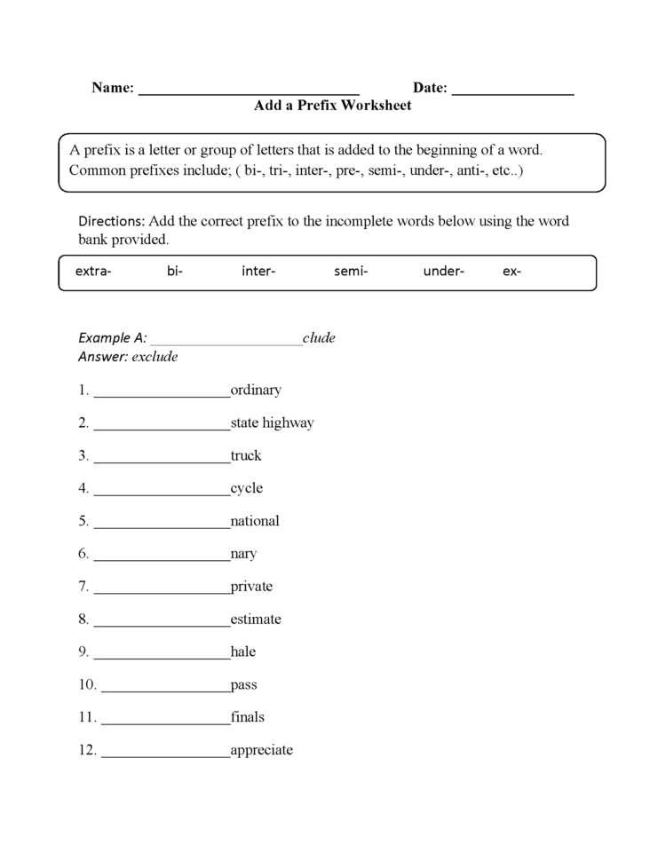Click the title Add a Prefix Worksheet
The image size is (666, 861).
coord(332,106)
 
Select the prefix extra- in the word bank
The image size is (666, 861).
coord(93,272)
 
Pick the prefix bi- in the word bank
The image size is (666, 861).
coord(174,272)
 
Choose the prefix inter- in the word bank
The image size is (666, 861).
coord(258,272)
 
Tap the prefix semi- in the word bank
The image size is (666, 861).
coord(351,272)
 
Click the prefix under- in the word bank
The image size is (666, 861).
coord(443,272)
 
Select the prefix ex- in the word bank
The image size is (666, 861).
coord(511,272)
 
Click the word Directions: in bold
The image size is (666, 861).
coord(112,221)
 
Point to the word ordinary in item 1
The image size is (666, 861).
coord(256,390)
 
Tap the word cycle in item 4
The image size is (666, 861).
coord(247,488)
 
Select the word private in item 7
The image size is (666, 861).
coord(251,586)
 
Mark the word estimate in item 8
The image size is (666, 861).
coord(256,619)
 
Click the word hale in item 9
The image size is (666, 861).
coord(243,652)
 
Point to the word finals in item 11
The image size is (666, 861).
coord(248,716)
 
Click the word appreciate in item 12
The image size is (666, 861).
coord(261,750)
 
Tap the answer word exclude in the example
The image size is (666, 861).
coord(155,357)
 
